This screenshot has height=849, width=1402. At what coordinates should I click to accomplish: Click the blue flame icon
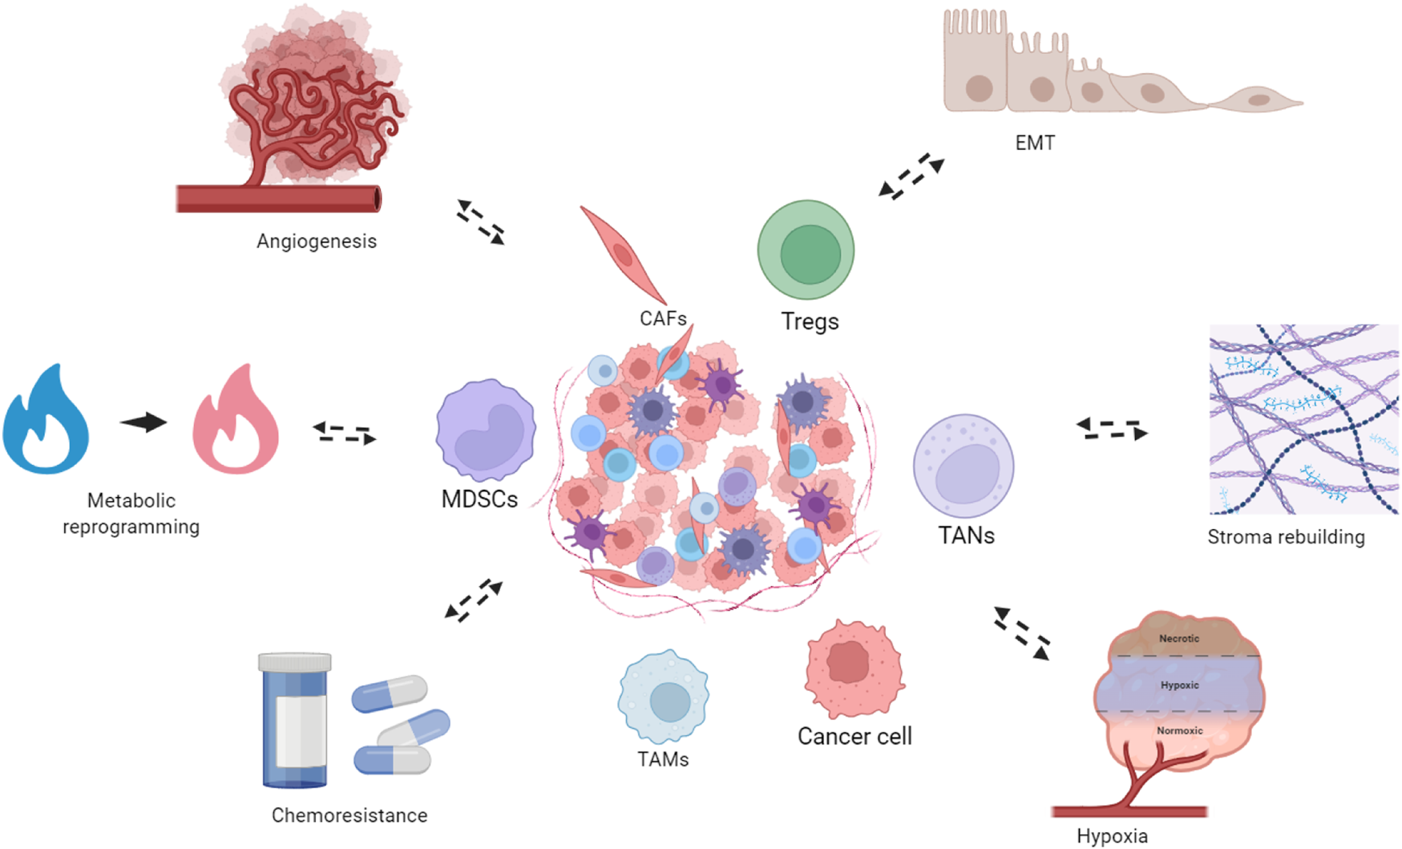[46, 421]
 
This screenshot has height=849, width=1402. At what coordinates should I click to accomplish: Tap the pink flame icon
[236, 421]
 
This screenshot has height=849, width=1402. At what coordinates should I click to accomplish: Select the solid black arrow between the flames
[144, 422]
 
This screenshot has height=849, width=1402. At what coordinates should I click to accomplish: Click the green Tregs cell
[806, 250]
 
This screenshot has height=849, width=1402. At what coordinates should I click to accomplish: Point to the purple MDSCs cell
[486, 431]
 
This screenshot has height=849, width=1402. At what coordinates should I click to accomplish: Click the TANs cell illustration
[964, 466]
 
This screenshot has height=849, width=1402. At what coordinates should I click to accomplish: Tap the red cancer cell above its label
[854, 668]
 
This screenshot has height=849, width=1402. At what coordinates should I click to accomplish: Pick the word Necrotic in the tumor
[1179, 639]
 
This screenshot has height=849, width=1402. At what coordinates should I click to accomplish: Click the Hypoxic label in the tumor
[1180, 685]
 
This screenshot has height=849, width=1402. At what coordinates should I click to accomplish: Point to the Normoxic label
[1180, 731]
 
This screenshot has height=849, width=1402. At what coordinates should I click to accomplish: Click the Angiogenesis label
[317, 241]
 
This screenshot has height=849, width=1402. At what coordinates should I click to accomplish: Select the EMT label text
[1035, 144]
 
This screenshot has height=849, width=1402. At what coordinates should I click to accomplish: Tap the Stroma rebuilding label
[1286, 537]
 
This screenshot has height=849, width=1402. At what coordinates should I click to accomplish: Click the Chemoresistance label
[349, 815]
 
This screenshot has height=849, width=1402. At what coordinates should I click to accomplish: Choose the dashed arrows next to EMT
[911, 176]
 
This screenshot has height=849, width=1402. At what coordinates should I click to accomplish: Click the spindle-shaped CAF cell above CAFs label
[624, 254]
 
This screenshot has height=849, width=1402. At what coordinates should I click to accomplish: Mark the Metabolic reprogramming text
[131, 514]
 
